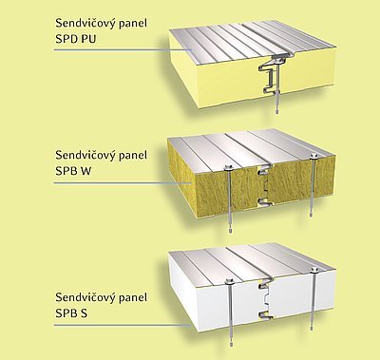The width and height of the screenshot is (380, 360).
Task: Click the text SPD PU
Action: (76, 39)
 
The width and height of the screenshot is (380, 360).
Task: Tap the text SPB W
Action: (73, 171)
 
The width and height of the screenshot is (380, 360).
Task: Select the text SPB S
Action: (71, 313)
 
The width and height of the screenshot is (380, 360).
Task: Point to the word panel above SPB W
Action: (134, 156)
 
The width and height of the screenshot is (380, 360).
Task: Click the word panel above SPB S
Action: (134, 298)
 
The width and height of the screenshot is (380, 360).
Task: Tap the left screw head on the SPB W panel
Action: (229, 167)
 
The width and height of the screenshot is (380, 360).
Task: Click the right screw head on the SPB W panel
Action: (313, 156)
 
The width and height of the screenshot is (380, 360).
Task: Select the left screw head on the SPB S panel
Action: (229, 280)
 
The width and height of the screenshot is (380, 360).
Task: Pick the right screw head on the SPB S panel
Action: (313, 270)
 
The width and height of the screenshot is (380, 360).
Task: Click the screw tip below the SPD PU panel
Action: (276, 111)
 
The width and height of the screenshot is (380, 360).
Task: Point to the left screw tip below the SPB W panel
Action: (230, 230)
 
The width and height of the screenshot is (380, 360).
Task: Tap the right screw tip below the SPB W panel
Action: (312, 214)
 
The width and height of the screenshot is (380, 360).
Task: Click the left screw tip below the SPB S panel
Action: (231, 344)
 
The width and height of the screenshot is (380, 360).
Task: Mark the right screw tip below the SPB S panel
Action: (312, 329)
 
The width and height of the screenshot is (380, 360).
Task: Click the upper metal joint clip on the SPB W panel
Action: (264, 171)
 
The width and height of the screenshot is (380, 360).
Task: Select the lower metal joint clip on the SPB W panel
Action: (264, 200)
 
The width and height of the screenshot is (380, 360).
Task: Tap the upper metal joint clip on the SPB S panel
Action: (265, 285)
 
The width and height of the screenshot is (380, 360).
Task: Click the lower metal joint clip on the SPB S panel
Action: (264, 314)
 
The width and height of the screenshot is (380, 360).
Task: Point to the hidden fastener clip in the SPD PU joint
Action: (269, 75)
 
